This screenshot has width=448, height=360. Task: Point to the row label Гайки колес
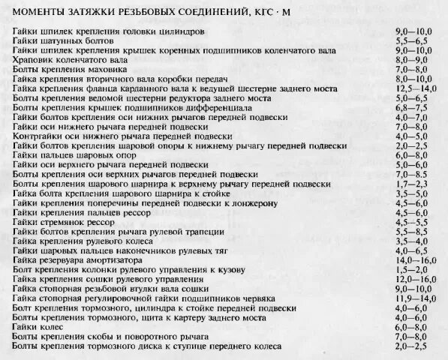coord(38,327)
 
